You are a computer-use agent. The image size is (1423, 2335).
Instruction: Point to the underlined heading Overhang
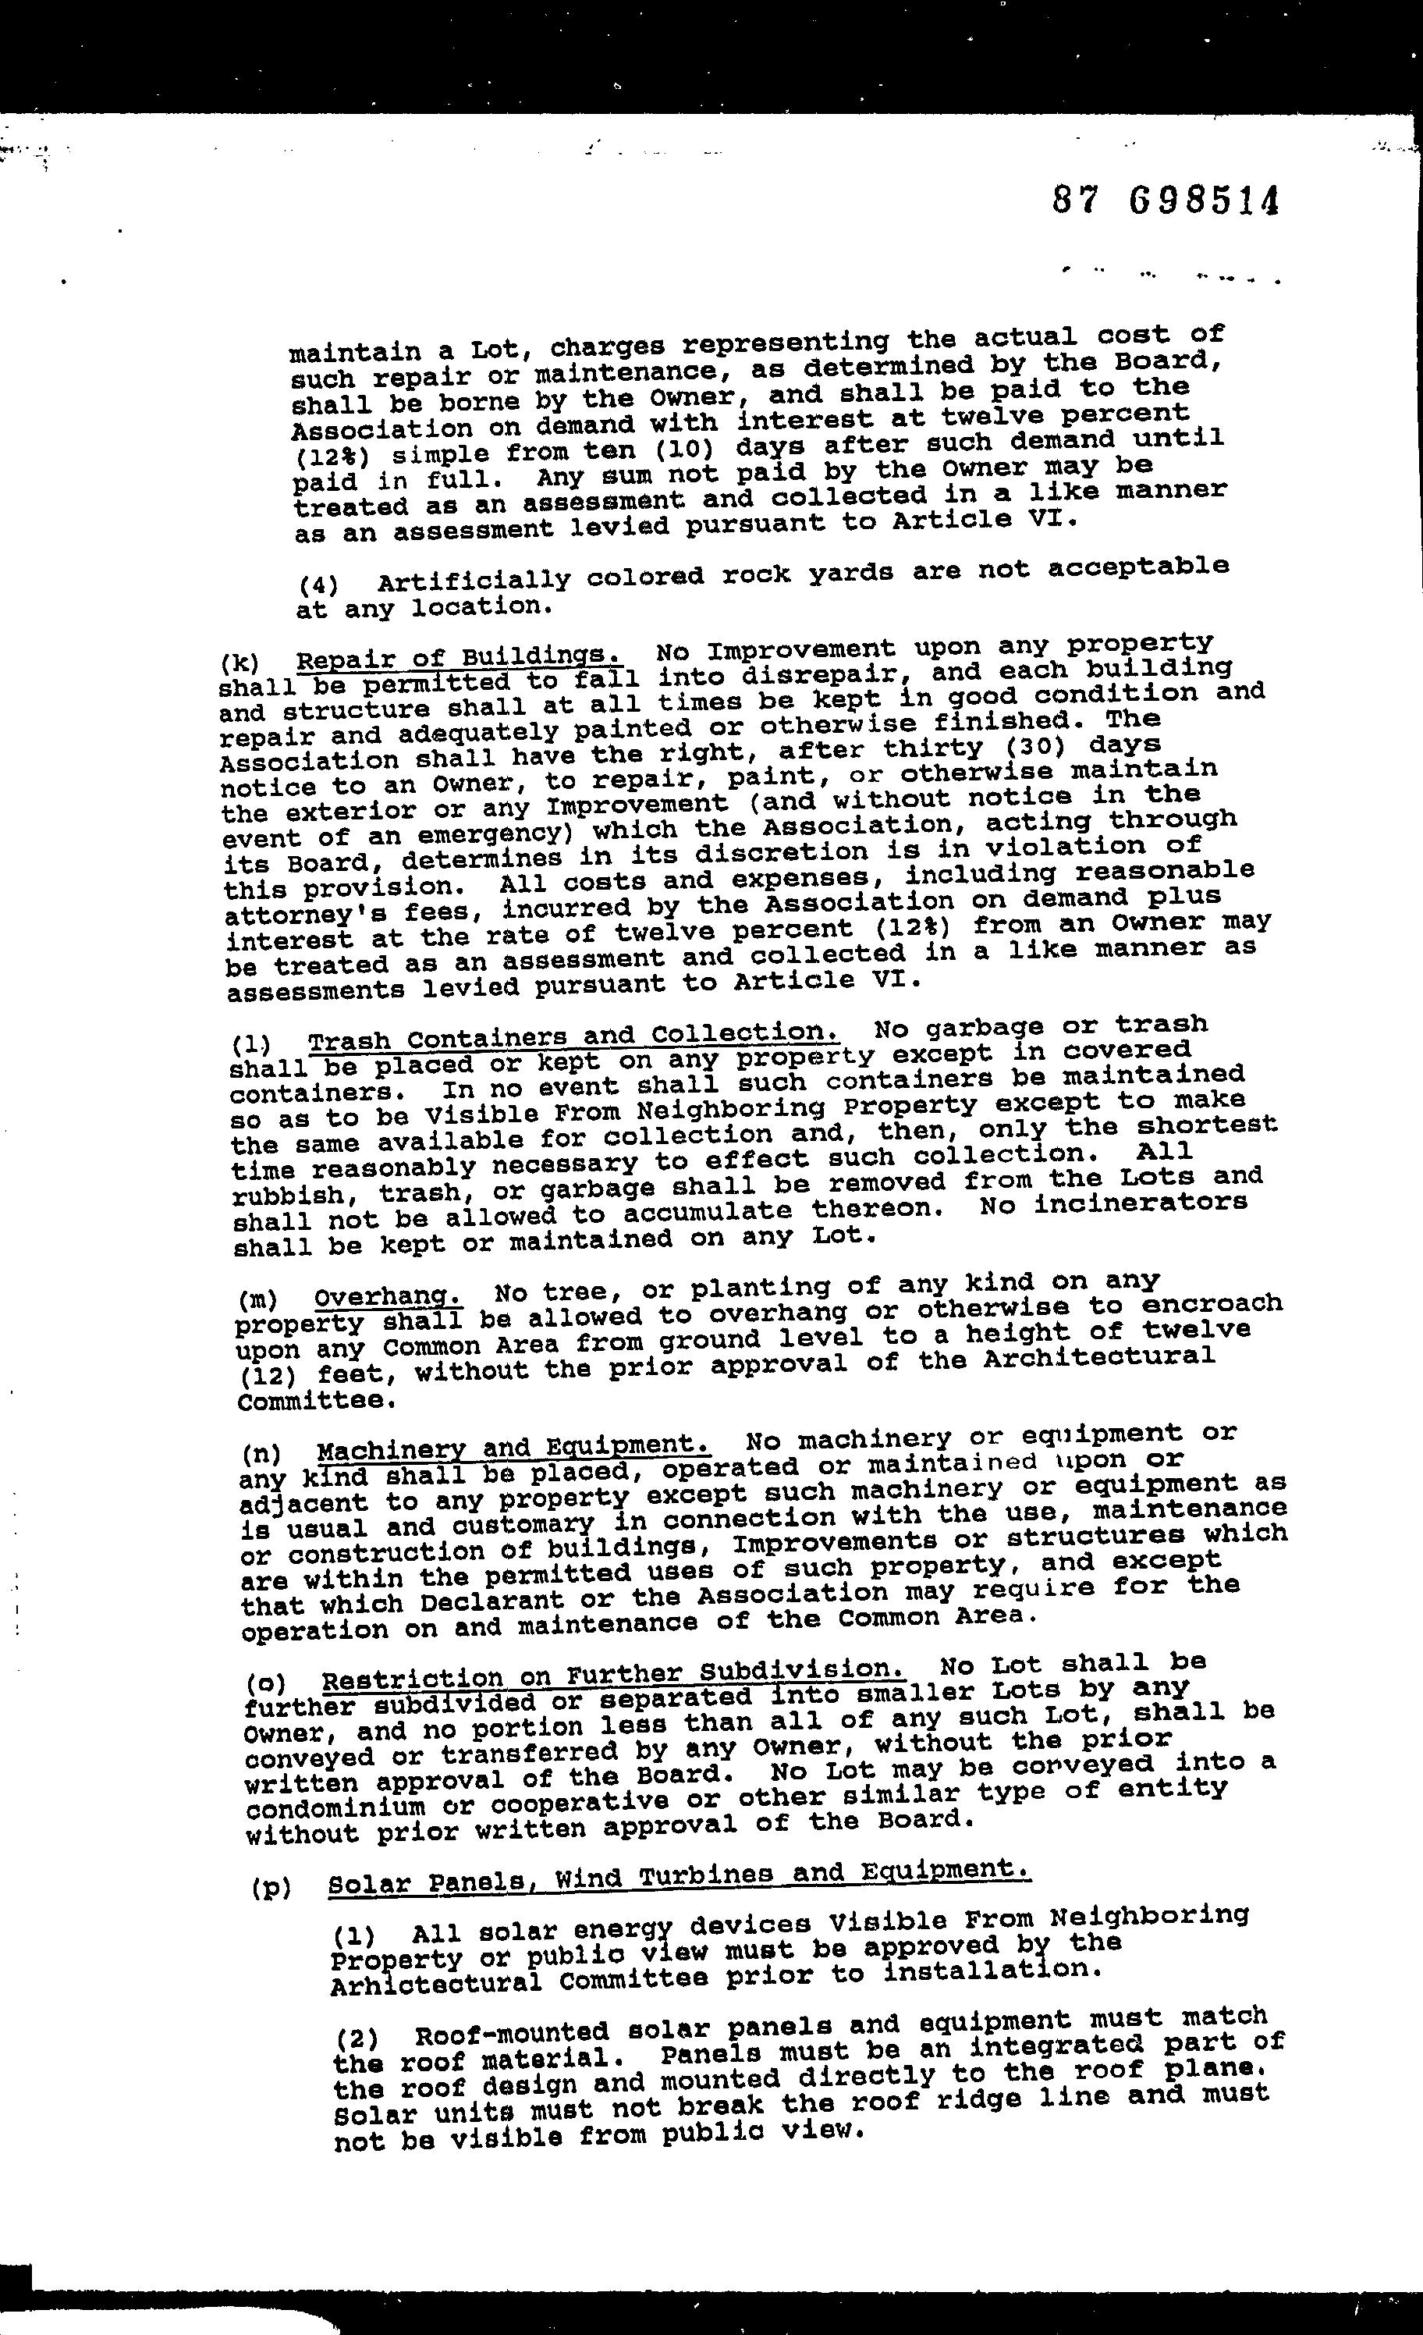[388, 1295]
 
